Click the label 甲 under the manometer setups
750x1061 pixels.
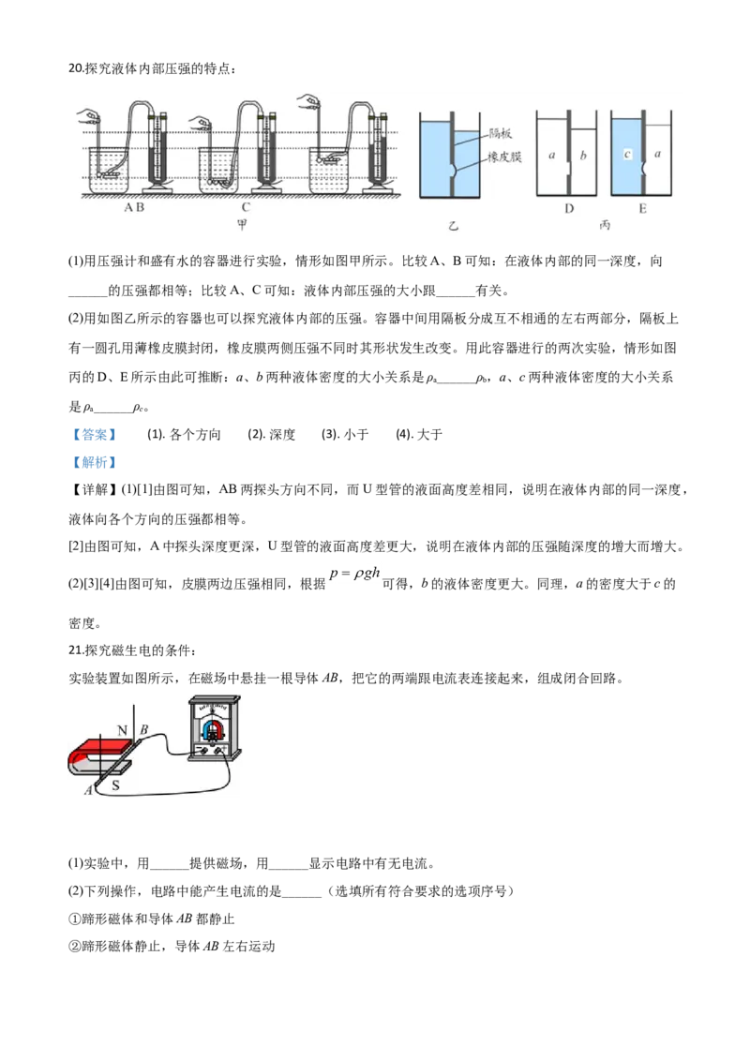point(243,226)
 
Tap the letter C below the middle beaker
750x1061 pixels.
point(246,208)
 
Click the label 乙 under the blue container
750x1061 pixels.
point(454,226)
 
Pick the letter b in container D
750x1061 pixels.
point(583,155)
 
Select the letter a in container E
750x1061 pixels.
point(657,154)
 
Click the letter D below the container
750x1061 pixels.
point(568,208)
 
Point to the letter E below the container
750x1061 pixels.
point(642,208)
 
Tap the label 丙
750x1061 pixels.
point(605,226)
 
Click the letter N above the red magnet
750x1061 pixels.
point(122,729)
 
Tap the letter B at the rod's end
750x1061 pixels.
point(143,729)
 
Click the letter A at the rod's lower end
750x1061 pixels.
point(88,790)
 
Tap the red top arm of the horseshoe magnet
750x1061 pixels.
point(102,747)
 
